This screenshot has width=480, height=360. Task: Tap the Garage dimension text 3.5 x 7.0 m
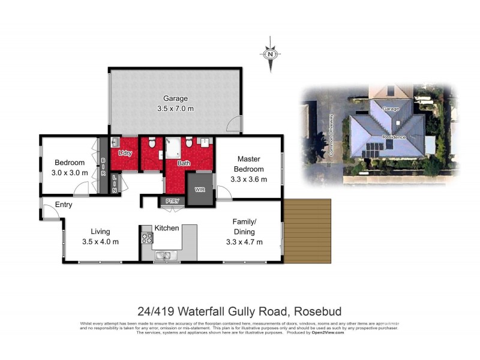click(x=175, y=109)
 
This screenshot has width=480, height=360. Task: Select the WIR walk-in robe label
click(x=200, y=190)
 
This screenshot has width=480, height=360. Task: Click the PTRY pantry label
click(x=171, y=201)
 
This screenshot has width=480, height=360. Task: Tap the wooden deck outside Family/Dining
click(x=307, y=231)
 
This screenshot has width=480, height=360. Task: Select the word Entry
click(x=64, y=205)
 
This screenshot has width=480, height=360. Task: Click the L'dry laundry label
click(x=125, y=154)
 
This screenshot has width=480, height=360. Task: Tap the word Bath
click(x=184, y=163)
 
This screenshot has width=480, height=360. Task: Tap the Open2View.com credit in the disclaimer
click(x=328, y=332)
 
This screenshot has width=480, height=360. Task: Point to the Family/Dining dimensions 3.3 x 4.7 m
click(x=244, y=242)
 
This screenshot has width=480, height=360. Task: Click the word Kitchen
click(x=167, y=228)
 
